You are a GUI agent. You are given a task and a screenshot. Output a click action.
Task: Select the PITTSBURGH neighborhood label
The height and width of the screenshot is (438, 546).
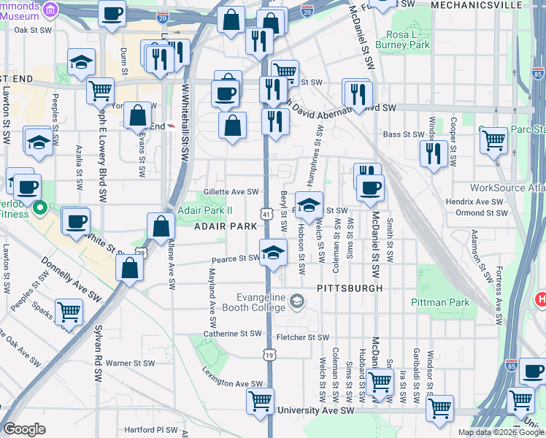tap(350, 288)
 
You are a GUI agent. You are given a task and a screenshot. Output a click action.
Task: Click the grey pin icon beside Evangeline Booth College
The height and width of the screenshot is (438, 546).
tap(298, 300)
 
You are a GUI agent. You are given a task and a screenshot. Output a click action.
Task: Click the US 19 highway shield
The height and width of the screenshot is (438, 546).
tap(269, 355)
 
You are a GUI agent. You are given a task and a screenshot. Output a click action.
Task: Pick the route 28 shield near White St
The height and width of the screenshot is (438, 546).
tap(140, 253)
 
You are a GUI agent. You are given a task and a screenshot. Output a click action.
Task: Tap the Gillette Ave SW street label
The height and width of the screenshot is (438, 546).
tap(231, 191)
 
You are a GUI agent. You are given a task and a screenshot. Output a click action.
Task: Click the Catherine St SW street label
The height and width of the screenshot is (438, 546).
tap(232, 334)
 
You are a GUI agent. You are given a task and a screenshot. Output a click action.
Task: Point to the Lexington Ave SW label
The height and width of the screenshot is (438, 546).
tap(232, 383)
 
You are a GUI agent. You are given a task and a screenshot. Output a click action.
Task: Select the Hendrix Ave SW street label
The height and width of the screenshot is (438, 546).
tap(477, 201)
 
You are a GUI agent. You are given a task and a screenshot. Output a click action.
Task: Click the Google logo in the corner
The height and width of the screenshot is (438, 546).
tap(24, 429)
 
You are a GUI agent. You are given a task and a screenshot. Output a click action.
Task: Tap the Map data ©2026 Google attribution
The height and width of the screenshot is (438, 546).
tap(500, 432)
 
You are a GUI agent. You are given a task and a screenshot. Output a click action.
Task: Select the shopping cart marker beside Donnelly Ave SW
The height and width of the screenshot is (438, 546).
tap(69, 312)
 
